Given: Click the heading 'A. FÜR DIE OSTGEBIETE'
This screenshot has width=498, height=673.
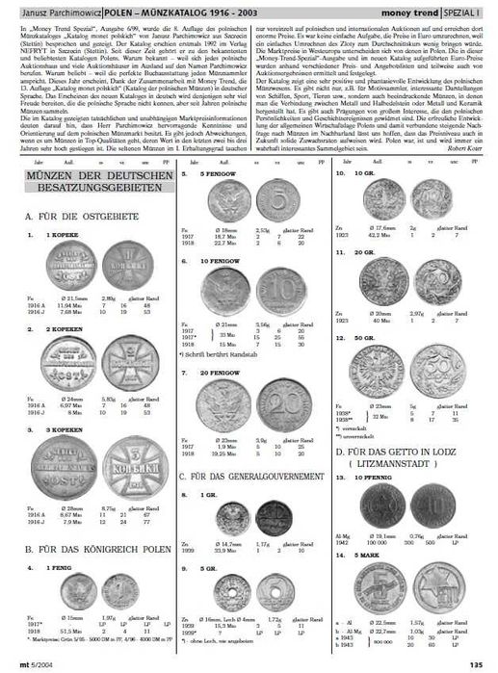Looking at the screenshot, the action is point(80,220).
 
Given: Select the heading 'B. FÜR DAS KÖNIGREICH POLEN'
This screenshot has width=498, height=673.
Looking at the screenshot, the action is point(94,548).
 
